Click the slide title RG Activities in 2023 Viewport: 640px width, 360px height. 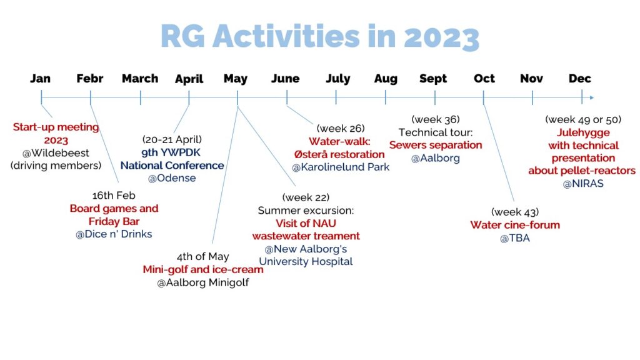click(x=320, y=37)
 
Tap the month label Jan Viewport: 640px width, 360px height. click(x=41, y=78)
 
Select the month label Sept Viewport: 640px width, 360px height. click(x=433, y=79)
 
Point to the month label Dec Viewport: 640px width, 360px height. click(x=580, y=78)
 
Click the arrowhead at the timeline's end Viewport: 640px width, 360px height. click(x=592, y=97)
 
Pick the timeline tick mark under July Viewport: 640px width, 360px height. click(x=336, y=97)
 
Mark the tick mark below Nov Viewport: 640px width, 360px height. click(x=532, y=97)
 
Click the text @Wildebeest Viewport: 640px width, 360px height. click(x=56, y=153)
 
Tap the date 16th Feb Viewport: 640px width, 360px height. click(x=114, y=196)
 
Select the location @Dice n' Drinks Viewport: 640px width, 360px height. click(x=114, y=234)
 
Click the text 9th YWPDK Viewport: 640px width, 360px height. click(x=171, y=152)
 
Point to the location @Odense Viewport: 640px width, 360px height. click(x=172, y=178)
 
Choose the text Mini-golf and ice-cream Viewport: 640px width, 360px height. click(x=203, y=270)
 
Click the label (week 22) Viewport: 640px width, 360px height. click(x=306, y=197)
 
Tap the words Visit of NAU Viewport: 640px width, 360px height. click(x=306, y=224)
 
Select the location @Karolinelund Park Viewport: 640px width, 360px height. click(x=341, y=167)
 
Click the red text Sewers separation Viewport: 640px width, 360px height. click(x=436, y=145)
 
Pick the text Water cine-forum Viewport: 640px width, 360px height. click(x=515, y=225)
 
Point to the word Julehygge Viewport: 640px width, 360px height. click(x=583, y=132)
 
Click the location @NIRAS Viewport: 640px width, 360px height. click(x=583, y=184)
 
